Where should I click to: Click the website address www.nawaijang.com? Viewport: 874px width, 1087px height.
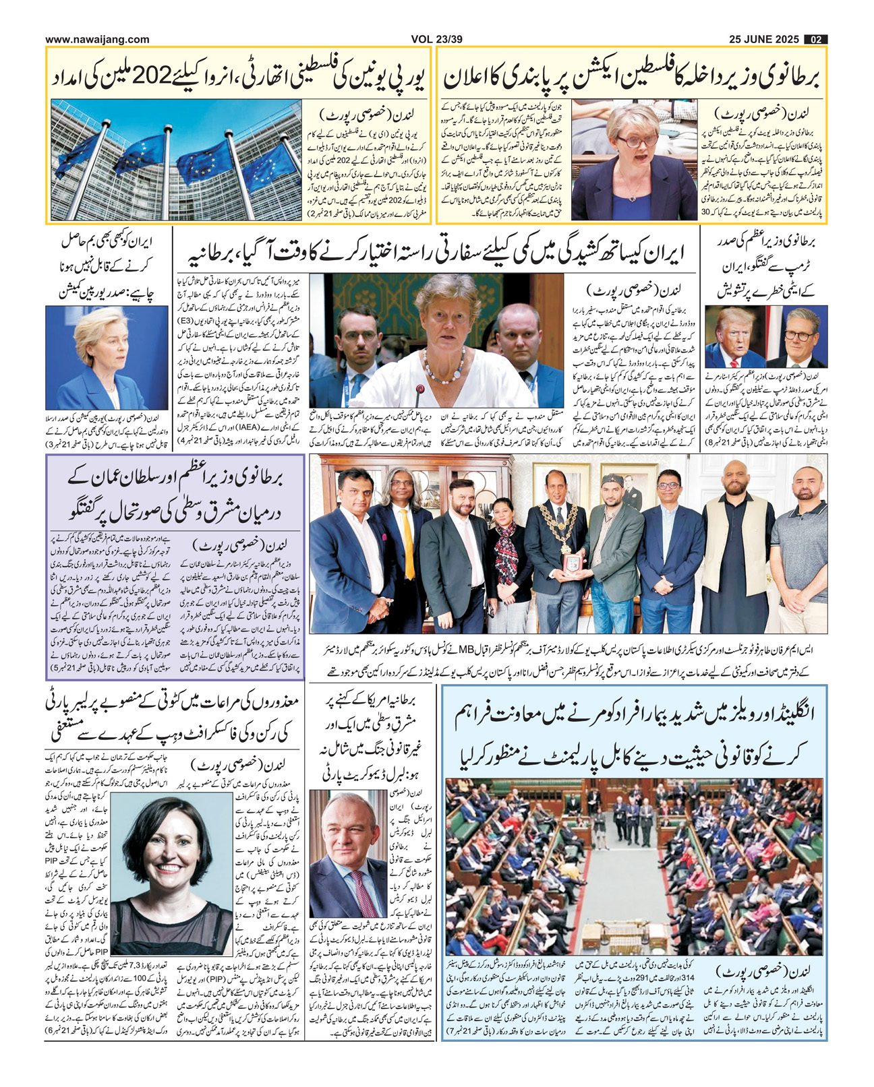[97, 39]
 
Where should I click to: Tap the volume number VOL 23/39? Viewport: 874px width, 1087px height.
[436, 39]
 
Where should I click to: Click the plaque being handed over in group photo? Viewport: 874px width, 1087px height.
[571, 561]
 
